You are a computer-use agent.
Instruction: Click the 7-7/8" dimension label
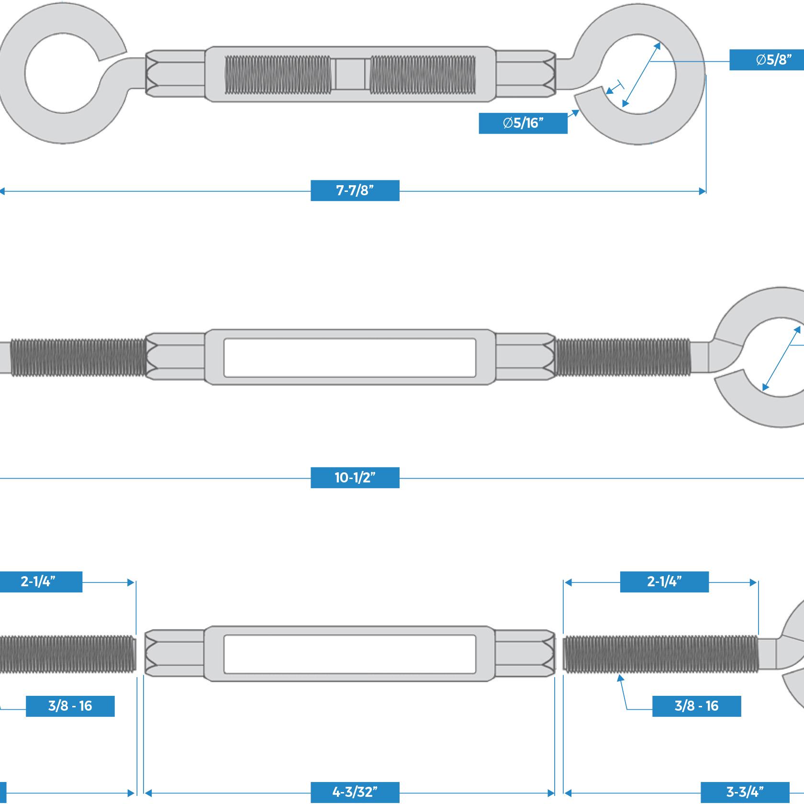[x=355, y=190]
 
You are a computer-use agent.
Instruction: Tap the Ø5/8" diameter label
[x=766, y=60]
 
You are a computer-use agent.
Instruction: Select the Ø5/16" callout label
[x=523, y=123]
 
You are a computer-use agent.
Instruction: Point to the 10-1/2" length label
[x=355, y=478]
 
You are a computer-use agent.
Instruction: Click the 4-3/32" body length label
[x=355, y=792]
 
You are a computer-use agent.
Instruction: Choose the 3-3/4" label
[x=745, y=792]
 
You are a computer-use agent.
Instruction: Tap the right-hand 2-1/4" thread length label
[x=664, y=582]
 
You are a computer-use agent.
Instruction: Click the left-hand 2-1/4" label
[x=38, y=582]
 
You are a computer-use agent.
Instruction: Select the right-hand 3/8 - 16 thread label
[x=696, y=706]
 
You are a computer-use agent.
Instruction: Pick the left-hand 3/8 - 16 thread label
[x=70, y=706]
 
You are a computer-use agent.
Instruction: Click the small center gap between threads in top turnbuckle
[x=350, y=74]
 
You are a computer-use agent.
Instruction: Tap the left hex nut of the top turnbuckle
[x=175, y=74]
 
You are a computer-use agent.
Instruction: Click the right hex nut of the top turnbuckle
[x=525, y=74]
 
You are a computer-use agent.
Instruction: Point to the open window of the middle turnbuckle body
[x=350, y=357]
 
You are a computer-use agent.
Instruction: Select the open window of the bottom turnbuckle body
[x=350, y=654]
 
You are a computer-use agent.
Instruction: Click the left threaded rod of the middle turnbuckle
[x=77, y=357]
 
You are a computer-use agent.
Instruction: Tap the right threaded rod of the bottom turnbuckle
[x=660, y=654]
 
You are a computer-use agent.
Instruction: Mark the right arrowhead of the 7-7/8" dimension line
[x=703, y=191]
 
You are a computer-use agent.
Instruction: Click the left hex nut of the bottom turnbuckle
[x=175, y=654]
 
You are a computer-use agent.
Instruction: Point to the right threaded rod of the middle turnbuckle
[x=622, y=357]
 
